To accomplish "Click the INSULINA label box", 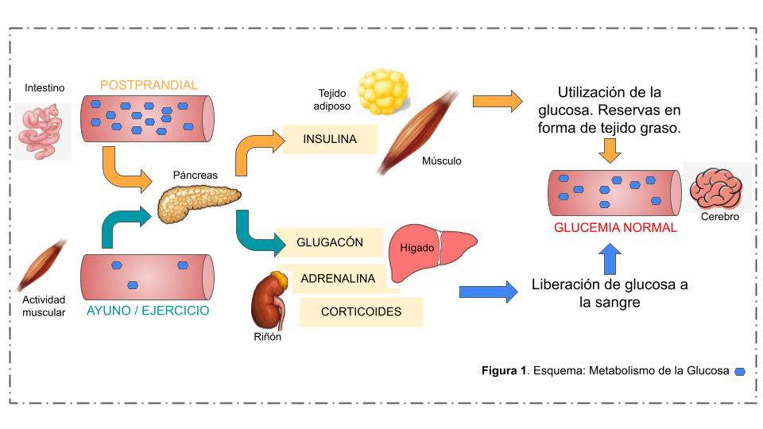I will pyautogui.click(x=329, y=140).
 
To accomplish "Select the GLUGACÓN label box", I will pyautogui.click(x=330, y=242).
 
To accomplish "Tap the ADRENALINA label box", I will pyautogui.click(x=338, y=279).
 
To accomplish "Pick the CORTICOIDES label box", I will pyautogui.click(x=361, y=311).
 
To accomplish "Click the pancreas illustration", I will pyautogui.click(x=197, y=202).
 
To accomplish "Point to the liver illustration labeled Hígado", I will pyautogui.click(x=433, y=254).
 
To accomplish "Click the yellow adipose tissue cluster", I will pyautogui.click(x=382, y=91).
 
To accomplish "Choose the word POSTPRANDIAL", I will pyautogui.click(x=149, y=85).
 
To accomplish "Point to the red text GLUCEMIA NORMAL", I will pyautogui.click(x=615, y=227).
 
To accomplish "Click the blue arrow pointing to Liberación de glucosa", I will pyautogui.click(x=486, y=292).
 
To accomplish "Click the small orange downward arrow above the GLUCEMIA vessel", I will pyautogui.click(x=610, y=149).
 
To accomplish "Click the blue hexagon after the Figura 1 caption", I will pyautogui.click(x=740, y=371).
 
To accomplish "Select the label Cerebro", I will pyautogui.click(x=720, y=216).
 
